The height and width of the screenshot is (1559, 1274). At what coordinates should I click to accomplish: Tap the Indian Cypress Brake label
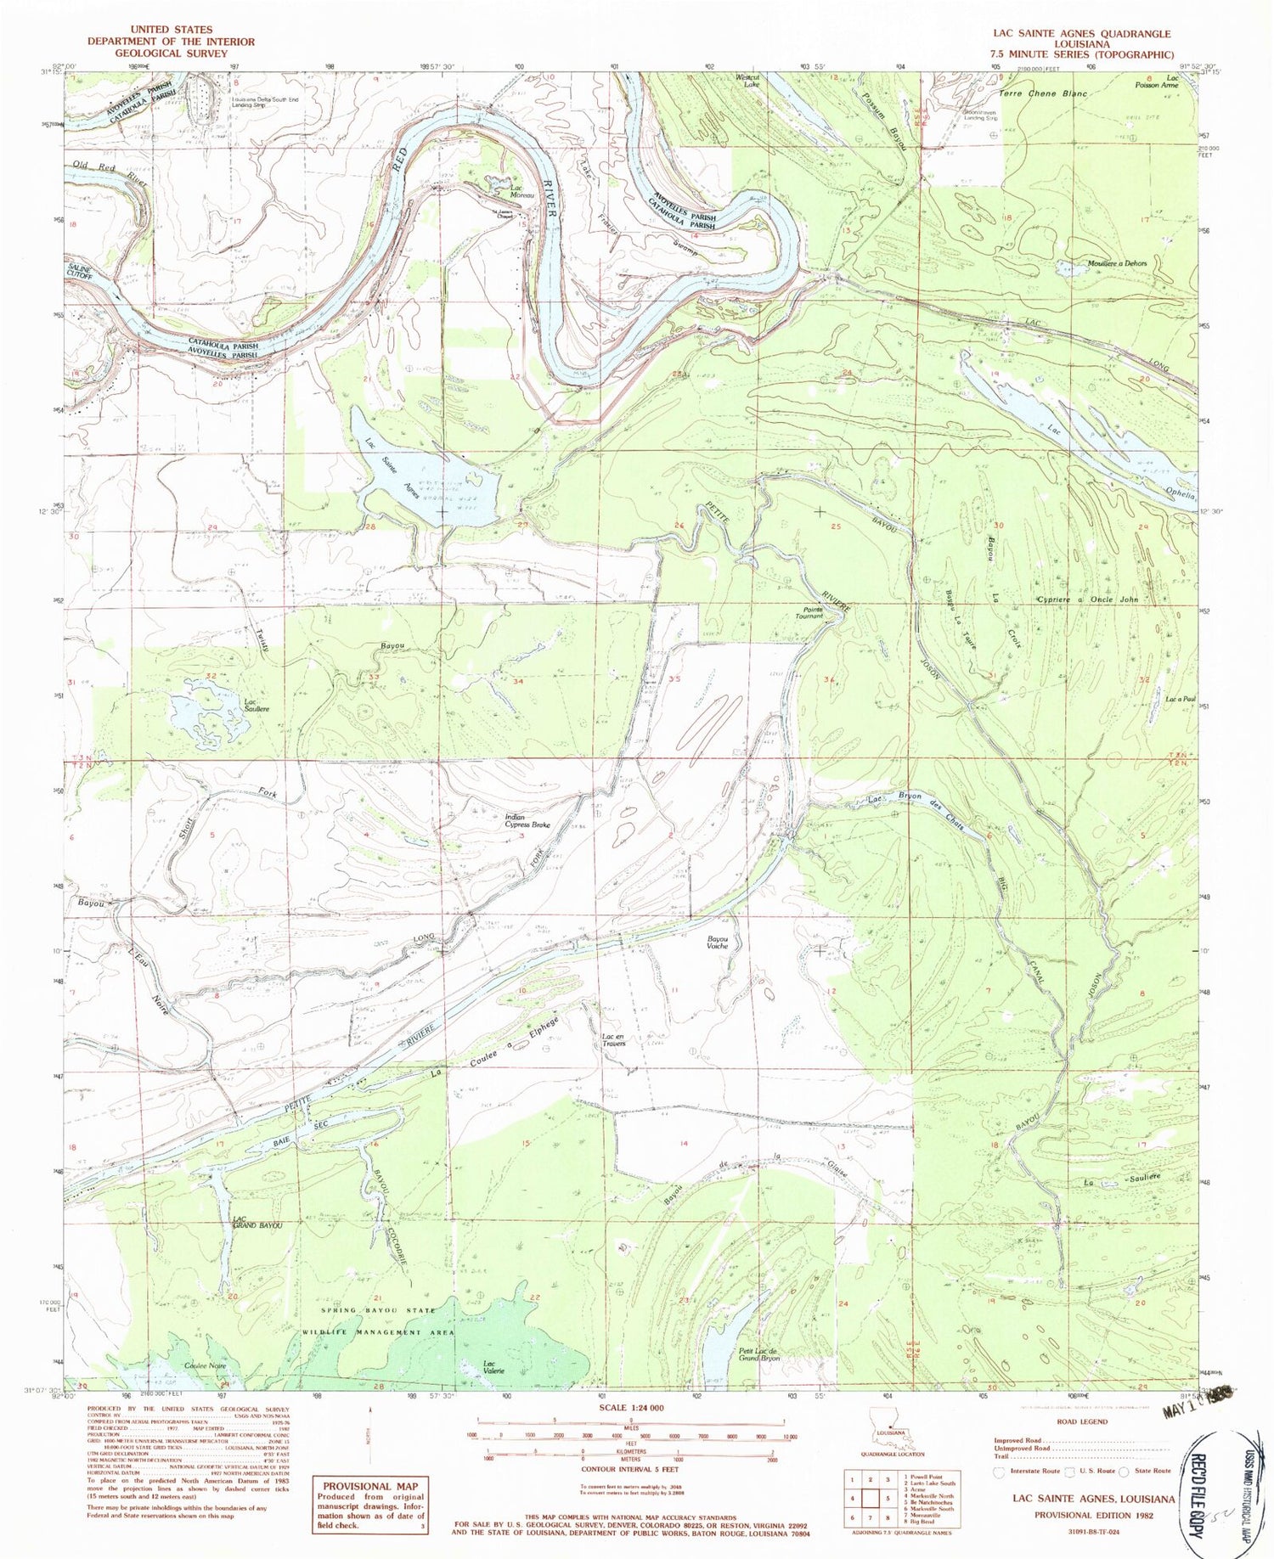[x=528, y=820]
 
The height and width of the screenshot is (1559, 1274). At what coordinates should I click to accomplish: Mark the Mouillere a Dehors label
[x=1117, y=263]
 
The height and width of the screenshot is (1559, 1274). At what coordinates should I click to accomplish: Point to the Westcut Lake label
[x=746, y=81]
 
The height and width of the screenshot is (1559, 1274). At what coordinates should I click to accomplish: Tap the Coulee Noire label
[x=202, y=1366]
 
